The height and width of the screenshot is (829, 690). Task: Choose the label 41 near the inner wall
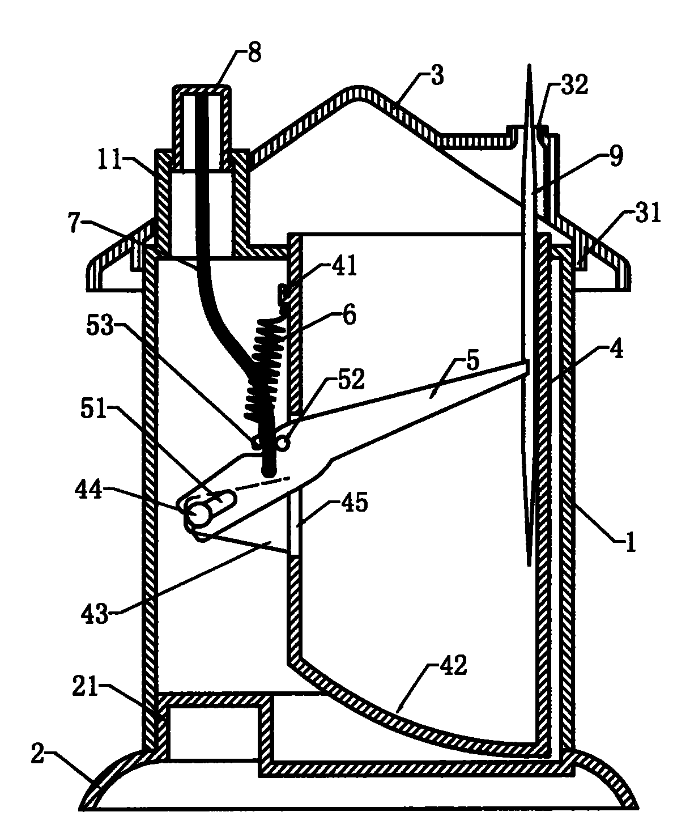(344, 266)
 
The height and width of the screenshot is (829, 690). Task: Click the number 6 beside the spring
(349, 315)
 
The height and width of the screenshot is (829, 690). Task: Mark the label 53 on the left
(100, 327)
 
